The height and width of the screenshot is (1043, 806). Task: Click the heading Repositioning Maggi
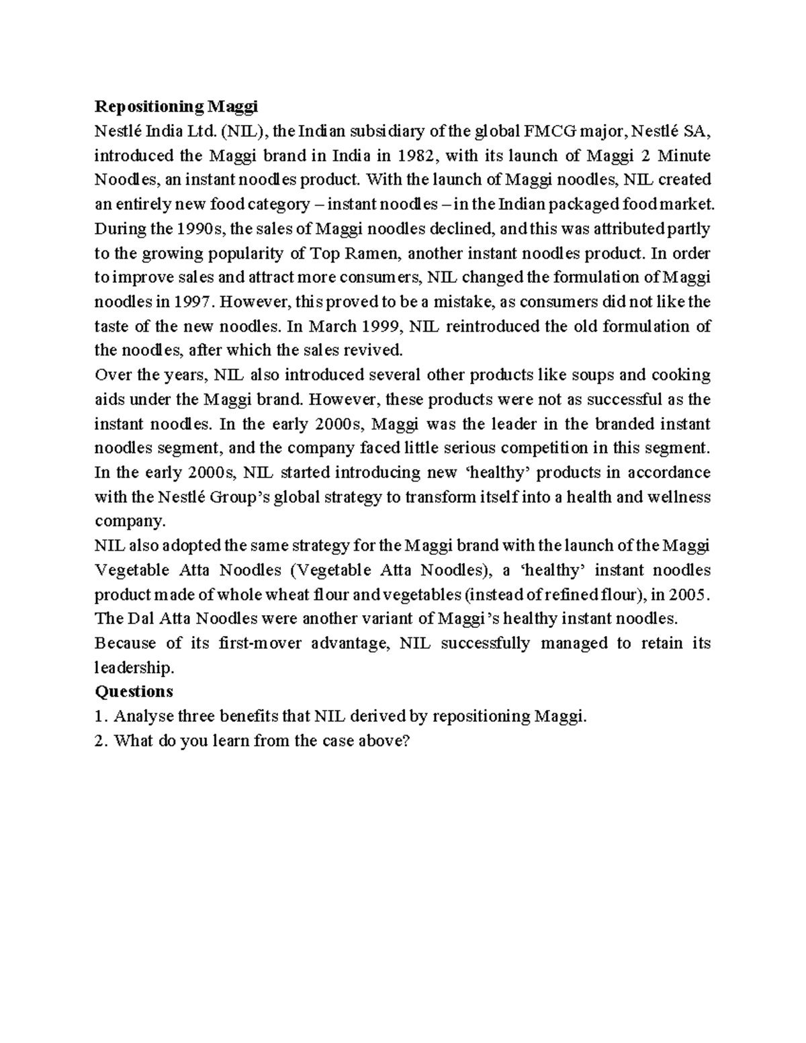(176, 107)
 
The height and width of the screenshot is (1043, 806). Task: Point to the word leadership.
(134, 668)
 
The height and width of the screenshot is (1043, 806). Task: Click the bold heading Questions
(134, 692)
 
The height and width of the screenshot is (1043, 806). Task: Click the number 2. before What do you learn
(101, 741)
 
